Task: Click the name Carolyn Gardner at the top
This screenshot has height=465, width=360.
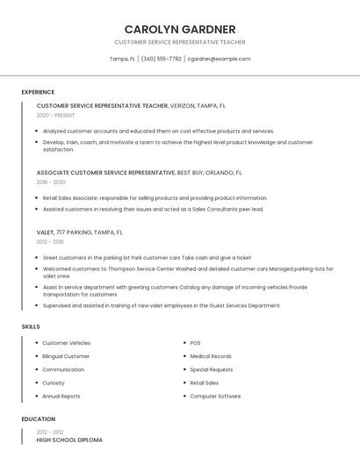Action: pyautogui.click(x=180, y=29)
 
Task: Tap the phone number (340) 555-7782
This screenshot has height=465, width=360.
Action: pyautogui.click(x=161, y=59)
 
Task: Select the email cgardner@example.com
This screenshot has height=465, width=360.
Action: pyautogui.click(x=219, y=59)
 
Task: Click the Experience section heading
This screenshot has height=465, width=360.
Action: pyautogui.click(x=38, y=92)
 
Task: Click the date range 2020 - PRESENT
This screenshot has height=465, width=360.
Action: pyautogui.click(x=55, y=115)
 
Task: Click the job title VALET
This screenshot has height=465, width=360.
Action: pyautogui.click(x=47, y=232)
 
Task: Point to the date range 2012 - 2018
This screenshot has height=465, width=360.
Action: pyautogui.click(x=50, y=242)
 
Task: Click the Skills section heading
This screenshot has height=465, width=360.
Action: pyautogui.click(x=31, y=326)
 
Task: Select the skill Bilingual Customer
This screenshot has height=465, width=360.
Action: pyautogui.click(x=66, y=356)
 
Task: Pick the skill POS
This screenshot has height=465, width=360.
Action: pyautogui.click(x=196, y=343)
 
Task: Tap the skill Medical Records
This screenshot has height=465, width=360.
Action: pyautogui.click(x=211, y=356)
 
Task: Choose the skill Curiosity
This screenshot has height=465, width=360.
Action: pyautogui.click(x=54, y=383)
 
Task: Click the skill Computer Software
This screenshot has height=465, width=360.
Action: pyautogui.click(x=215, y=396)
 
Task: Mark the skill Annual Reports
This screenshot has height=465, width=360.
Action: pyautogui.click(x=61, y=396)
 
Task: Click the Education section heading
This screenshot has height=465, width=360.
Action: pyautogui.click(x=39, y=419)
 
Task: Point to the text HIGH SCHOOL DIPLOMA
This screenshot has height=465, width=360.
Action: pyautogui.click(x=69, y=440)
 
